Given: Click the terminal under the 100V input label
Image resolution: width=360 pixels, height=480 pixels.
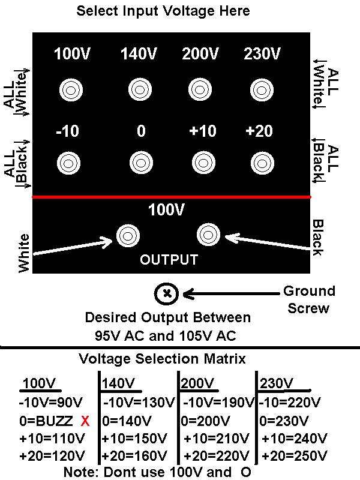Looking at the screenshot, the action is pyautogui.click(x=71, y=91).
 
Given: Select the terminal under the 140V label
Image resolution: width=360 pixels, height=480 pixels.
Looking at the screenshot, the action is pyautogui.click(x=140, y=89).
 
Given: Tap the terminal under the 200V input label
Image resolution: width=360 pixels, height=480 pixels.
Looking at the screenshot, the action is pyautogui.click(x=200, y=89).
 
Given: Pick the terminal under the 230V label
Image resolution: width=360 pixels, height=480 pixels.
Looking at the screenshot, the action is pyautogui.click(x=262, y=90).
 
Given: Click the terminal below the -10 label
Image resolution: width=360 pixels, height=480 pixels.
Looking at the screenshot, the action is pyautogui.click(x=68, y=163).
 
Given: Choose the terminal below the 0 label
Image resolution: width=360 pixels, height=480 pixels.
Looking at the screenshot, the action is pyautogui.click(x=141, y=162).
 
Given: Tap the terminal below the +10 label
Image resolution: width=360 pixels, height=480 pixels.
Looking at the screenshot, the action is pyautogui.click(x=203, y=162).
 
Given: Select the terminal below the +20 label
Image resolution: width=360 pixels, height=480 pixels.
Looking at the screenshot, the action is pyautogui.click(x=262, y=163).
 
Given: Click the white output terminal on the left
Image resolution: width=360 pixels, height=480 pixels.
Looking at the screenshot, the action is pyautogui.click(x=128, y=236).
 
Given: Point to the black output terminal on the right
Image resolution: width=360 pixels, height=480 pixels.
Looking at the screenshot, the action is pyautogui.click(x=208, y=235).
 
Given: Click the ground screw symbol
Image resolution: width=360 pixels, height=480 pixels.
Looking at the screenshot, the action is pyautogui.click(x=166, y=293).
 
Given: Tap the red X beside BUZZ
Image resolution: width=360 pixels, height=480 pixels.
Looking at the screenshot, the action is pyautogui.click(x=85, y=422).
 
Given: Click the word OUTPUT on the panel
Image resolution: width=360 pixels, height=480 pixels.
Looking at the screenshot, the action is pyautogui.click(x=169, y=260).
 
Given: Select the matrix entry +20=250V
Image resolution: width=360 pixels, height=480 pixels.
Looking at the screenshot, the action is pyautogui.click(x=295, y=456).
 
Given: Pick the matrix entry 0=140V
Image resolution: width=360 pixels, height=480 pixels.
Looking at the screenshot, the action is pyautogui.click(x=127, y=421).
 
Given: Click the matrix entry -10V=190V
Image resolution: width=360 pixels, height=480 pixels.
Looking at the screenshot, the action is pyautogui.click(x=219, y=402).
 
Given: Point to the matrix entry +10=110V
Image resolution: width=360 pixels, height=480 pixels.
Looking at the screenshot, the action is pyautogui.click(x=52, y=439).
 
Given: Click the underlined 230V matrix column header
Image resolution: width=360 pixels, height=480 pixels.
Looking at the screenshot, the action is pyautogui.click(x=277, y=383).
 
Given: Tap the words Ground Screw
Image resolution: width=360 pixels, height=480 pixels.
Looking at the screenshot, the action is pyautogui.click(x=309, y=299).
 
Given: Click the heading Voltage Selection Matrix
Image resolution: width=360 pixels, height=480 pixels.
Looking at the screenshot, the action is pyautogui.click(x=162, y=359).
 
